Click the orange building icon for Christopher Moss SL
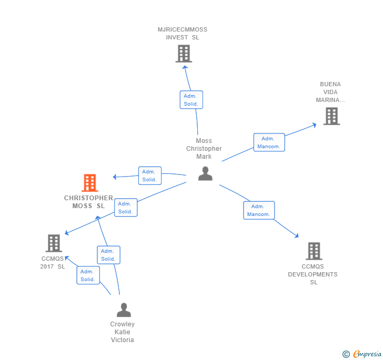(90, 183)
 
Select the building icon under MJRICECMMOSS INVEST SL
(184, 54)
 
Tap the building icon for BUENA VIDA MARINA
(331, 116)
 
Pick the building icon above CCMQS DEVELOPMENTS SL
(314, 251)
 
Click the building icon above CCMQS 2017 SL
(54, 243)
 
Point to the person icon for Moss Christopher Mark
(205, 173)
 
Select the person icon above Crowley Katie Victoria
(124, 310)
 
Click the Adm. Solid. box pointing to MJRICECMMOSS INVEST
(191, 100)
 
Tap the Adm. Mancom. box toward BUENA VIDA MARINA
(269, 142)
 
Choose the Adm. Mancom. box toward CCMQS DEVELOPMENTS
(259, 210)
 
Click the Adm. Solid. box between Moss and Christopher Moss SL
(150, 176)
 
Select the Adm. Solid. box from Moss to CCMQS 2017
(126, 208)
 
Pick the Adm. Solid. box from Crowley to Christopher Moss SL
(109, 255)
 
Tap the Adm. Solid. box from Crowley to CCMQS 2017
(88, 275)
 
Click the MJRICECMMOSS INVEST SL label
(183, 34)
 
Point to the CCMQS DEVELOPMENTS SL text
(313, 274)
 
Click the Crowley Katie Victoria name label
(123, 332)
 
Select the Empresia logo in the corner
(362, 354)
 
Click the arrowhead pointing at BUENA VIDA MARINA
(315, 125)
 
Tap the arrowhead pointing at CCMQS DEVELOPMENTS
(297, 235)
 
